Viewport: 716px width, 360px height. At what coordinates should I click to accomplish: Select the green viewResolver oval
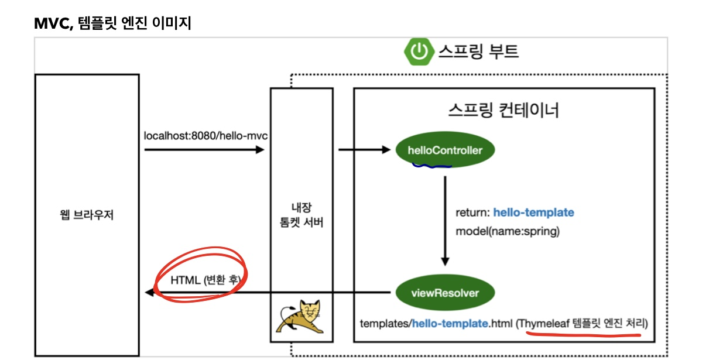pyautogui.click(x=444, y=293)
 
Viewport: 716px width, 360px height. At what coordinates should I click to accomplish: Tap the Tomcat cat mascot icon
pyautogui.click(x=301, y=318)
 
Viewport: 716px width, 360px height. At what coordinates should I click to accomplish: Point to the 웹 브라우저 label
pyautogui.click(x=87, y=215)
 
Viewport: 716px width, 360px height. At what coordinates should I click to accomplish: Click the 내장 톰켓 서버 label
pyautogui.click(x=301, y=215)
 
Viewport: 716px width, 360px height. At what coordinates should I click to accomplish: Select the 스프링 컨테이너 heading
pyautogui.click(x=503, y=111)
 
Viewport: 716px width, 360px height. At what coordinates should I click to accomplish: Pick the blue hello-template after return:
pyautogui.click(x=533, y=212)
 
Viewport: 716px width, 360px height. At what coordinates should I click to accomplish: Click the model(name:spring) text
pyautogui.click(x=508, y=231)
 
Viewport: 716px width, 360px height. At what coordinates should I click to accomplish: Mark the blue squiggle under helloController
pyautogui.click(x=432, y=166)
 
